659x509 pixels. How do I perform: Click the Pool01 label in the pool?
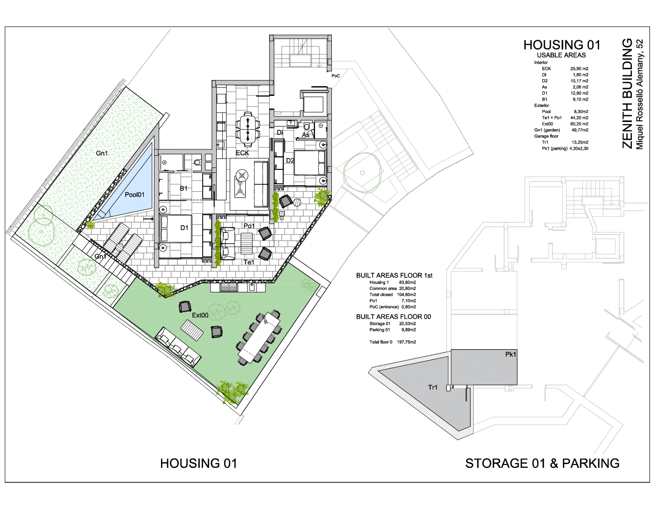[x=134, y=195]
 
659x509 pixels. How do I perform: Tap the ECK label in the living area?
[x=242, y=153]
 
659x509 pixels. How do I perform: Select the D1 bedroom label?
[x=184, y=228]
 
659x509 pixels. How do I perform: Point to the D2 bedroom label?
[x=290, y=160]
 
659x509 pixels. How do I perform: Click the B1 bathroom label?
[x=183, y=188]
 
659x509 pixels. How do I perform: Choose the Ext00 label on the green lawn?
[x=200, y=315]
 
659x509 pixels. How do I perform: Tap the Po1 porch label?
[x=249, y=226]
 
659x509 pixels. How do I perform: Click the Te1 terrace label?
[x=249, y=262]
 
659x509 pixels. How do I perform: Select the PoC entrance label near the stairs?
[x=336, y=76]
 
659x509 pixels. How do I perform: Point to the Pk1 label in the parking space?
[x=511, y=354]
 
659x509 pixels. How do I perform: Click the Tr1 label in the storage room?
[x=433, y=387]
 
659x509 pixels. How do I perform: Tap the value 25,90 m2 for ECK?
[x=579, y=69]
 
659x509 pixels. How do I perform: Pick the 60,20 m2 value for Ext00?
[x=579, y=124]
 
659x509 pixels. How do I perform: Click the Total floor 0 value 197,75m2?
[x=406, y=342]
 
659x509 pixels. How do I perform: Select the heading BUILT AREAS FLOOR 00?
[x=393, y=317]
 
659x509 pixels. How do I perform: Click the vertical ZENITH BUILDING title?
[x=627, y=94]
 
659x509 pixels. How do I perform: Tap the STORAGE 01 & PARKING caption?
[x=542, y=464]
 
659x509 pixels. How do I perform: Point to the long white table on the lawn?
[x=259, y=337]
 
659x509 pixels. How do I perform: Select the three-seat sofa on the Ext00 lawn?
[x=178, y=347]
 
